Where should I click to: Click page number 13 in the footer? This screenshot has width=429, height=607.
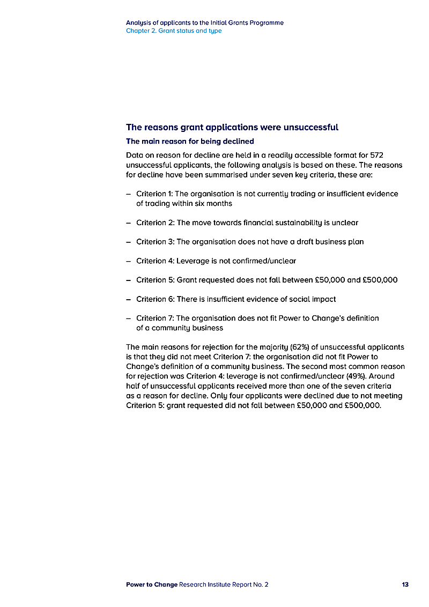tap(405, 584)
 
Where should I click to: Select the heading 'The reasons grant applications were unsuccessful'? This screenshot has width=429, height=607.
tap(232, 128)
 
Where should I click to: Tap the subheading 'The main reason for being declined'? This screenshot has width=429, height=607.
tap(190, 142)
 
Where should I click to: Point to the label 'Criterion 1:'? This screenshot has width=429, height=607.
tap(154, 194)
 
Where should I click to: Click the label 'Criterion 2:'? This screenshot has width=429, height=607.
tap(155, 223)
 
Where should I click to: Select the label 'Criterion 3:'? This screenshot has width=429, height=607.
tap(155, 242)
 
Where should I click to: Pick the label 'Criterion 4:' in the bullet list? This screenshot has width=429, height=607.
tap(155, 261)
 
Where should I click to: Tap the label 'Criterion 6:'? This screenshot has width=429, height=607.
tap(155, 299)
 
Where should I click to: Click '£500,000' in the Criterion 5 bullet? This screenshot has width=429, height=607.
tap(380, 280)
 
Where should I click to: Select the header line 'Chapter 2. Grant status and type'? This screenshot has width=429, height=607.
tap(174, 31)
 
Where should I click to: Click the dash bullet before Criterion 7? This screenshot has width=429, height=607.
tap(129, 319)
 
